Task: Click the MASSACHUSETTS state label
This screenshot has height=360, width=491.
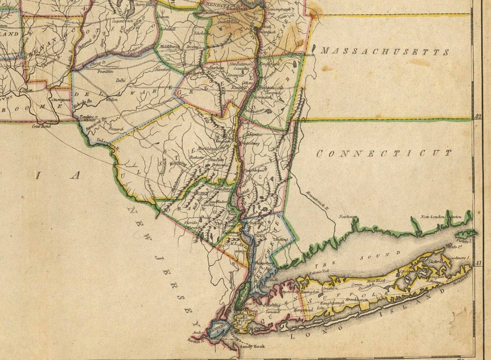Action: coord(385,51)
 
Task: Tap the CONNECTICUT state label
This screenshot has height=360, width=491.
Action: coord(383,153)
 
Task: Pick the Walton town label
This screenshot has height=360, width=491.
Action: coord(112,98)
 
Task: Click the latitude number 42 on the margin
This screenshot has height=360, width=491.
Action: coord(478,116)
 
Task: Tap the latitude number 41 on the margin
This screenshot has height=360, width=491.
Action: coord(478,264)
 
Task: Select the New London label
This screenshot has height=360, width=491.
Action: coord(433,217)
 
